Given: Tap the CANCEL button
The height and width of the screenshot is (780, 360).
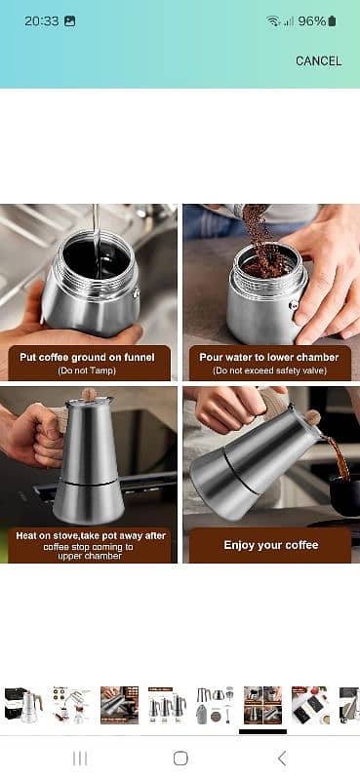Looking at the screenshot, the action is (318, 61).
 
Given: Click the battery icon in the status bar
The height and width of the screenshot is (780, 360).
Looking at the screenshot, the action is (332, 20).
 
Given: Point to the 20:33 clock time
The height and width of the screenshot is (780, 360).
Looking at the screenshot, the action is (42, 20).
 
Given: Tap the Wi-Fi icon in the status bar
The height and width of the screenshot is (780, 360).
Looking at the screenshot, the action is (273, 20).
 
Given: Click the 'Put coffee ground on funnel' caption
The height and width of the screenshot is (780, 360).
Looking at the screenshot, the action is (87, 357).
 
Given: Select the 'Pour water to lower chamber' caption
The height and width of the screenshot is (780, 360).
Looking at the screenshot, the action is (269, 357).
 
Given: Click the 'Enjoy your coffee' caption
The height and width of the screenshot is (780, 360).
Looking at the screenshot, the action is (271, 545).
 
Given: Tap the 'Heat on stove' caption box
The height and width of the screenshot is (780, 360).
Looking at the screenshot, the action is (90, 545).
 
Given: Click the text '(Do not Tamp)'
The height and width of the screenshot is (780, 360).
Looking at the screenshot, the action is (87, 370).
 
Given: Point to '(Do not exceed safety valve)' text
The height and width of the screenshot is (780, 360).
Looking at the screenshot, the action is (269, 370).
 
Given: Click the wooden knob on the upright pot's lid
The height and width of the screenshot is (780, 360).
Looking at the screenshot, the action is (90, 394).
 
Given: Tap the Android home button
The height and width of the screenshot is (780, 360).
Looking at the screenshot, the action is (180, 759).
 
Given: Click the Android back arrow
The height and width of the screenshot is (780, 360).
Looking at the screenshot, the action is (282, 759).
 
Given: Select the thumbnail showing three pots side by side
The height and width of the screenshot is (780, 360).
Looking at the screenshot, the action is (167, 705).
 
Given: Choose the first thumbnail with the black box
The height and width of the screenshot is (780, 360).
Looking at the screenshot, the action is (23, 705).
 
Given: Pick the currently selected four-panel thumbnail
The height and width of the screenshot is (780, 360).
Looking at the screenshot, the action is (262, 705).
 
